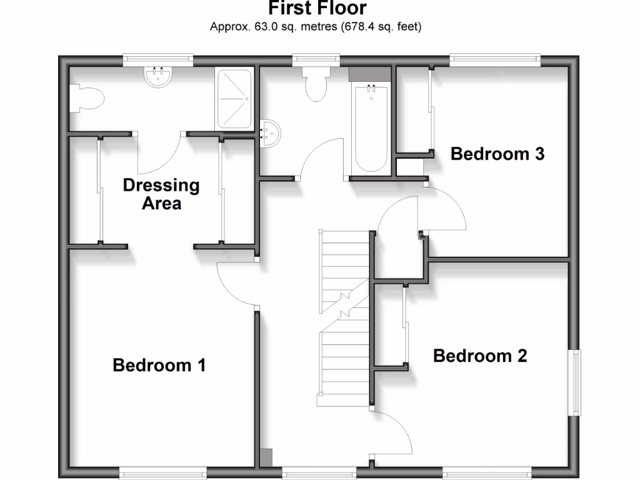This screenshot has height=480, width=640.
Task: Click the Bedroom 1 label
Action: point(159,365)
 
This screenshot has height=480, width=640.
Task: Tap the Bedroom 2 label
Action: point(479,356)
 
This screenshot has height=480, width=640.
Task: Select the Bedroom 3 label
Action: point(497,153)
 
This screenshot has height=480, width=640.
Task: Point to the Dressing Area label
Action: point(161,194)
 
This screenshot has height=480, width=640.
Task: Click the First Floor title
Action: point(317,9)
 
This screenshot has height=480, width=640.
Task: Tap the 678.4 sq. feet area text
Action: point(381,27)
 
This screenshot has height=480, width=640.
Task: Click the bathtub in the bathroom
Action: point(371,127)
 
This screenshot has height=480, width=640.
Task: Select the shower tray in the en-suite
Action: point(234,99)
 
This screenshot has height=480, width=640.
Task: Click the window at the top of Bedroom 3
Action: point(496,59)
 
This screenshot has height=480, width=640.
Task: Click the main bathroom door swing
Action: point(322,160)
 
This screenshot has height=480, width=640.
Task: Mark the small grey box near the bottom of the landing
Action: point(266,457)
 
